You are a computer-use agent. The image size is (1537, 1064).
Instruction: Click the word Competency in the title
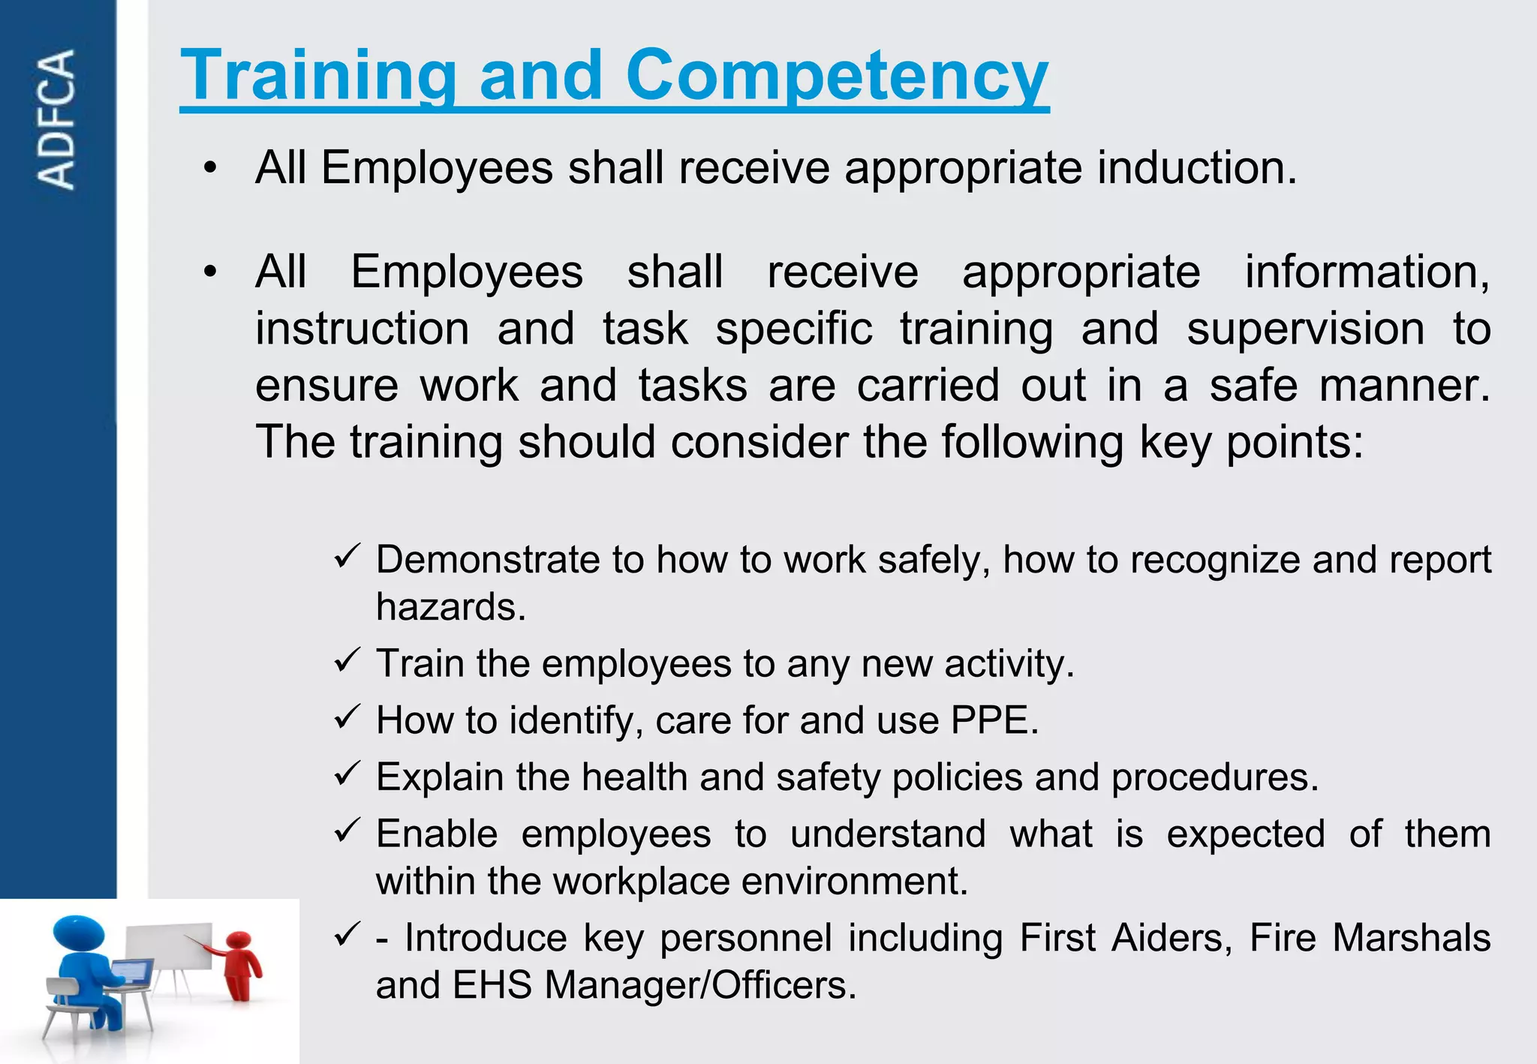click(837, 75)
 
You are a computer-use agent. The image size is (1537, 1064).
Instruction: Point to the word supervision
click(1305, 329)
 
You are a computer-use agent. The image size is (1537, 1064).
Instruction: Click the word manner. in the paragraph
click(1404, 386)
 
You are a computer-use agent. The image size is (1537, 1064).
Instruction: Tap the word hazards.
click(451, 607)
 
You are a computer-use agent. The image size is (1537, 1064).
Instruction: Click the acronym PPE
click(994, 720)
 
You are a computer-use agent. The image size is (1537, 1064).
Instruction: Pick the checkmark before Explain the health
click(347, 774)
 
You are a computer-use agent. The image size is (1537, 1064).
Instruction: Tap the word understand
click(888, 834)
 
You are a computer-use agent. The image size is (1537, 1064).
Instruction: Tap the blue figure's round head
click(78, 935)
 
